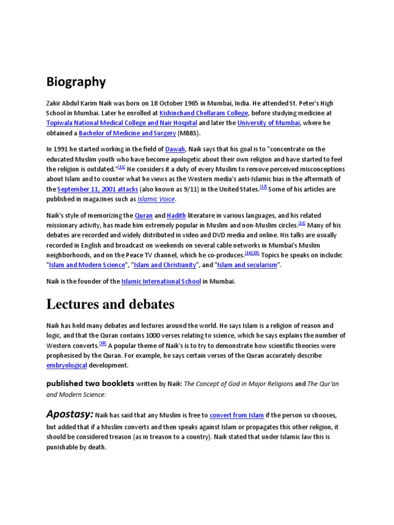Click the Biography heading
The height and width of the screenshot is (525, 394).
tap(76, 82)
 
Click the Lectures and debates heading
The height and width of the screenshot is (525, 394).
tap(110, 304)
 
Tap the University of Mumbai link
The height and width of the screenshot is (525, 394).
tap(268, 123)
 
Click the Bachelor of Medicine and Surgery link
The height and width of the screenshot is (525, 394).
tap(127, 133)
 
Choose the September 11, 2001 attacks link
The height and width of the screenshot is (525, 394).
tap(97, 189)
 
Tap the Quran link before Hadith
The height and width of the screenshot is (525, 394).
tap(144, 215)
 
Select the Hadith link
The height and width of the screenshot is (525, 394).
tap(176, 215)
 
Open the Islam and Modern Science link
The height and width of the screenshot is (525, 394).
tap(87, 265)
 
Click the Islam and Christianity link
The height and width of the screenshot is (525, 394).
tap(165, 265)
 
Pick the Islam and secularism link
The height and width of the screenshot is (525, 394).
tap(247, 265)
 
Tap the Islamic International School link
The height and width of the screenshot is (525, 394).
tap(161, 281)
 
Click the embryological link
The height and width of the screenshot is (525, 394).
tap(66, 366)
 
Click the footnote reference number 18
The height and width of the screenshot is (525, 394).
tap(103, 344)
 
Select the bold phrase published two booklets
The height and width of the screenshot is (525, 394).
tap(90, 383)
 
